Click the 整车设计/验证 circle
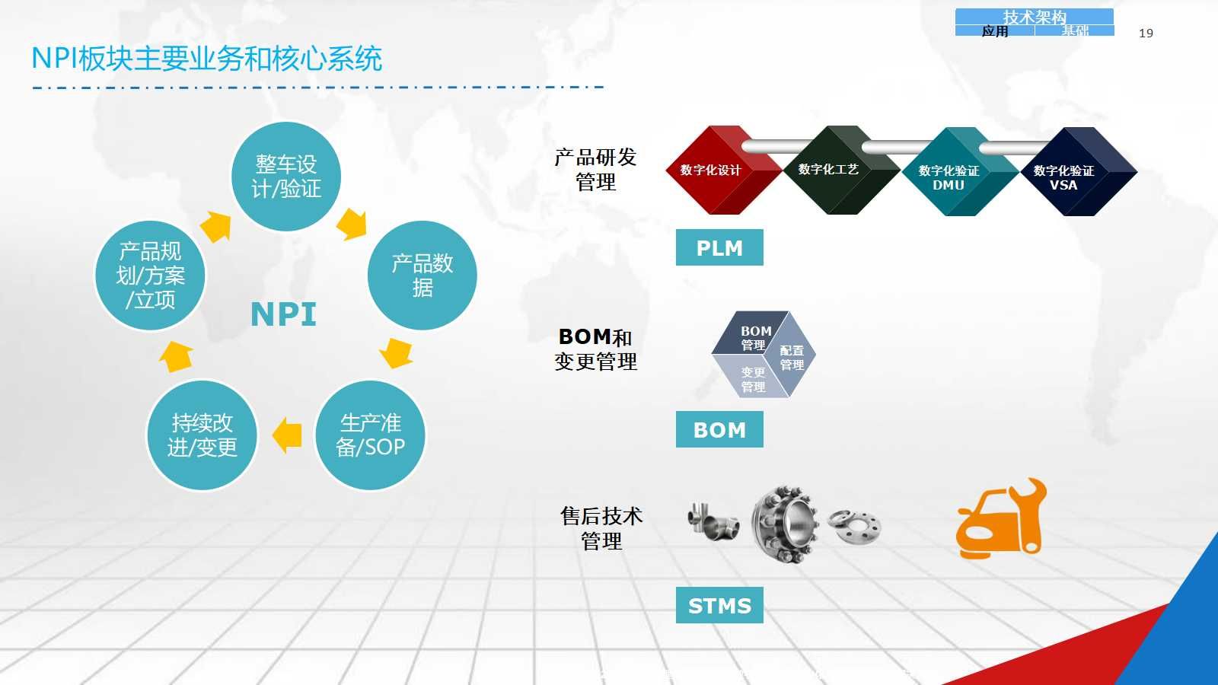[286, 177]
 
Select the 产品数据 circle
[422, 275]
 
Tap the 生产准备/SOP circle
[370, 435]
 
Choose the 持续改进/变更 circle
[202, 435]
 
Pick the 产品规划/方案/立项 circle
[150, 275]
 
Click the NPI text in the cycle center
[283, 314]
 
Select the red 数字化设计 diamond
[724, 170]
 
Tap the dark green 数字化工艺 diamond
[842, 170]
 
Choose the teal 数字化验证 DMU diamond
[960, 172]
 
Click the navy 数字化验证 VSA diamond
[1079, 172]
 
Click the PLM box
[719, 247]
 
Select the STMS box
[719, 605]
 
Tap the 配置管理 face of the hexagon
[792, 356]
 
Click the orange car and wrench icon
[1001, 518]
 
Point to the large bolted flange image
[785, 524]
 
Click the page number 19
[1146, 33]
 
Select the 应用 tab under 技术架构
[994, 31]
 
